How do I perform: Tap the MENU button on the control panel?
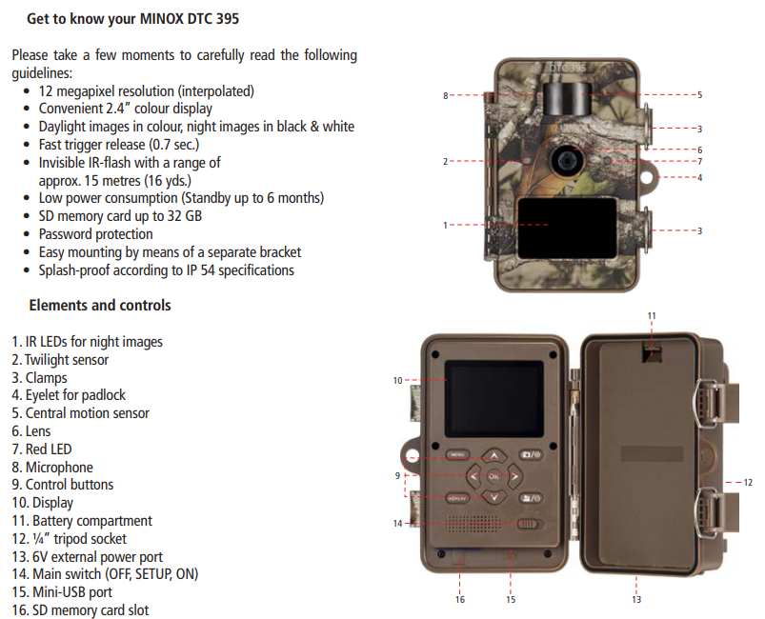pos(457,454)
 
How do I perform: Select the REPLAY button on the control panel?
pos(457,497)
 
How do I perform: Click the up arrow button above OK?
pos(493,455)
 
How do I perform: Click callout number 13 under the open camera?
pos(636,599)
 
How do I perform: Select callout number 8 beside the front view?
pos(445,96)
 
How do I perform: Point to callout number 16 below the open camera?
pos(460,599)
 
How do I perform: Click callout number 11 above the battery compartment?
pos(652,315)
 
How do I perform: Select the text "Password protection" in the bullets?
pos(95,234)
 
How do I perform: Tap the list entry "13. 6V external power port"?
pos(87,557)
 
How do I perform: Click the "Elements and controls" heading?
pos(100,306)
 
